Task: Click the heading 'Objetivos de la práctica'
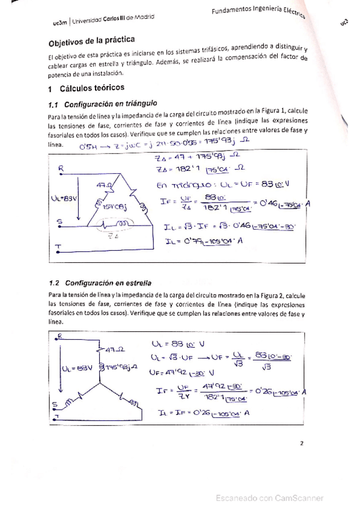[85, 44]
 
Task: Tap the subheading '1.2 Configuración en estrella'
[99, 282]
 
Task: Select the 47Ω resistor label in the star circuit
[114, 348]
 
